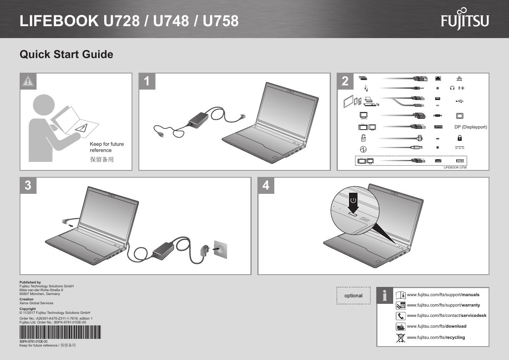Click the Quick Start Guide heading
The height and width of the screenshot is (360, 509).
pos(66,54)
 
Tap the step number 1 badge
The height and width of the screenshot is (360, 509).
pos(147,81)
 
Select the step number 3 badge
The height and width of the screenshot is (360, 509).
pos(28,185)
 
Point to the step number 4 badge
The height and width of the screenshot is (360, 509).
pos(266,185)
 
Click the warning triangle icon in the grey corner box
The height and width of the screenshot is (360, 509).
pos(28,81)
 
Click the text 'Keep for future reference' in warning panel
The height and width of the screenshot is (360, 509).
pos(107,147)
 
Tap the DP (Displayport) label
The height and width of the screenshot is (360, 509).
pos(471,127)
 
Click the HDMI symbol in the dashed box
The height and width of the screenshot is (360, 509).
pos(459,161)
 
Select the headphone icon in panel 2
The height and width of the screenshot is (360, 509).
pos(452,88)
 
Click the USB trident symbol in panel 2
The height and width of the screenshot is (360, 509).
pos(459,101)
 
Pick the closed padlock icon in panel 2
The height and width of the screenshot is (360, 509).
pos(459,138)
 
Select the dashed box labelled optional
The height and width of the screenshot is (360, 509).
pos(353,295)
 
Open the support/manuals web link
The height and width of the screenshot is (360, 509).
pos(443,295)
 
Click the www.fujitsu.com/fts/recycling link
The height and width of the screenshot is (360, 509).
pos(436,337)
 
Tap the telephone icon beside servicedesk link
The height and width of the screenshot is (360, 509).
pos(401,316)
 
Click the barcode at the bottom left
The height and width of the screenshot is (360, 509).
pos(60,332)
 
